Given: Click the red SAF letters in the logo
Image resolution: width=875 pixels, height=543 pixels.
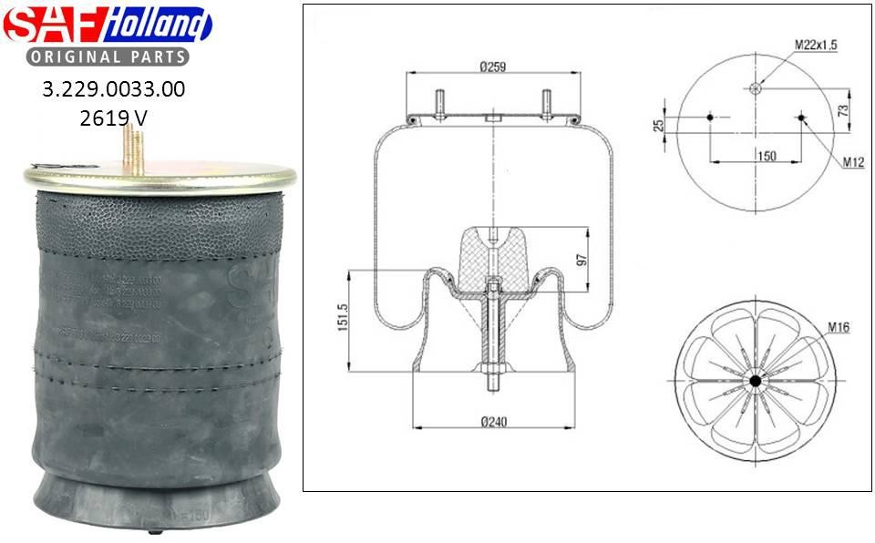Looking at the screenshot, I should point(53,26).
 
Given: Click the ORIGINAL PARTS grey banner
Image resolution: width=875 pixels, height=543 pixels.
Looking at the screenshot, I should point(107,56).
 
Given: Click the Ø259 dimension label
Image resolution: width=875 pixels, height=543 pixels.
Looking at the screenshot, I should point(492,66).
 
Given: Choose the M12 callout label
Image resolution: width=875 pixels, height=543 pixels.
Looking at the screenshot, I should point(852,162).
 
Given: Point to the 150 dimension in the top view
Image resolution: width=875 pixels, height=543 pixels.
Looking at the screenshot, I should point(767,156).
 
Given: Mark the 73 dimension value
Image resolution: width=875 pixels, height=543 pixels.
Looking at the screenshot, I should point(844,109).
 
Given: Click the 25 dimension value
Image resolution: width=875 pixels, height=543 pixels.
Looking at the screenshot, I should point(658,125).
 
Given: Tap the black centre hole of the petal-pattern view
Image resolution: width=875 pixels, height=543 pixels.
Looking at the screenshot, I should point(756,380).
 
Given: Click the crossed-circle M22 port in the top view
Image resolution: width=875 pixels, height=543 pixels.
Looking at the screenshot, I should point(755,87).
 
